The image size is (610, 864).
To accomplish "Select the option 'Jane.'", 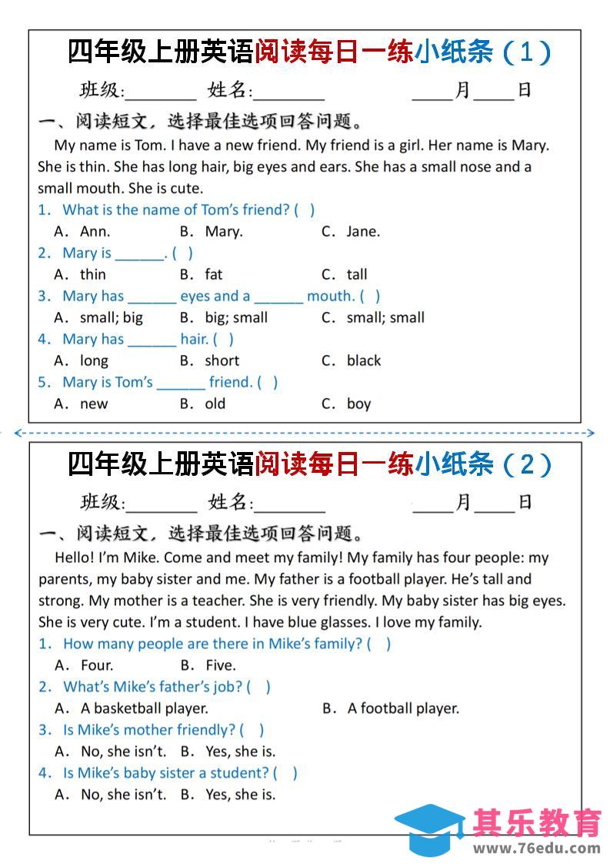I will point(362,231).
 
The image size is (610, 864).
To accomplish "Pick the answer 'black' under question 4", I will point(363,360).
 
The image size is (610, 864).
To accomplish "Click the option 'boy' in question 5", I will point(358,404).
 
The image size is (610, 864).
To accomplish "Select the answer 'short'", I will point(222,360).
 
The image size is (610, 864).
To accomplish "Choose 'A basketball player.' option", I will point(144,708).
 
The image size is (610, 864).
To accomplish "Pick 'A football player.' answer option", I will point(403,708).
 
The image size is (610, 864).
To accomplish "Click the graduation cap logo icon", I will point(428,831).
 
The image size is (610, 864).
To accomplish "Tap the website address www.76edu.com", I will point(536,849).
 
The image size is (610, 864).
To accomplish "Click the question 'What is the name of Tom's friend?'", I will point(176,209).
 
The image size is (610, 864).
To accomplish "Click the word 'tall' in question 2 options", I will point(357,274).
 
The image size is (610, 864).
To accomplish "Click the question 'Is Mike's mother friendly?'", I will point(149,730).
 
